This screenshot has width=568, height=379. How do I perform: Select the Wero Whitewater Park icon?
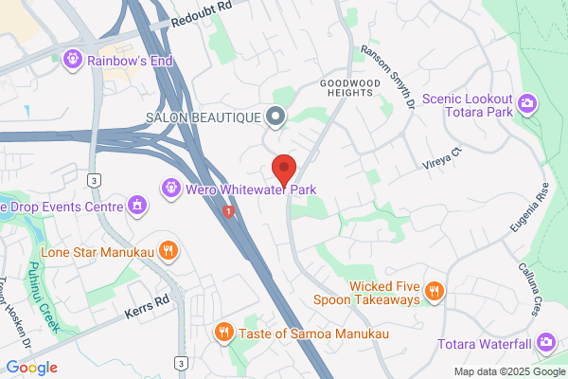[x=170, y=189]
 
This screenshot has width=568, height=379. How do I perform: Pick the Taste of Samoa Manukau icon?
[x=223, y=332]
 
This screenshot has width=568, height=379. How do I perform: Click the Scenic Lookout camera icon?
[x=528, y=102]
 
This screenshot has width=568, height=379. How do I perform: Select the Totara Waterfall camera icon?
[x=545, y=341]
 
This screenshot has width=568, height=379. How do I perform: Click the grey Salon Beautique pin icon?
[x=275, y=117]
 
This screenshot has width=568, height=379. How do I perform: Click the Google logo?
[x=32, y=367]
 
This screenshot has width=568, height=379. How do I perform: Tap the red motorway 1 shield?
[x=228, y=212]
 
